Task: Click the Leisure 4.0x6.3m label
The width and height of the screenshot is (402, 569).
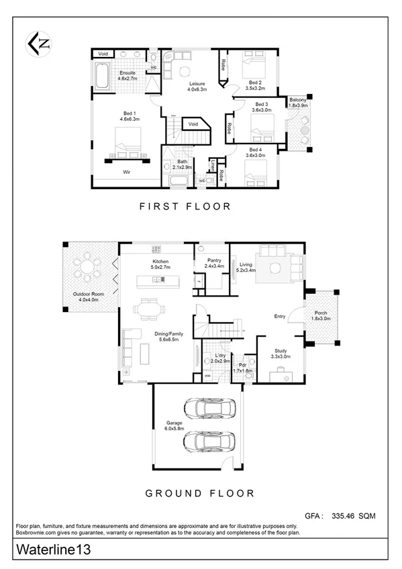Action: point(196,86)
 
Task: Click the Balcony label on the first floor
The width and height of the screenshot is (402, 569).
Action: point(297,103)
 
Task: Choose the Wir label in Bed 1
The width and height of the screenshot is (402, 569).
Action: point(125,172)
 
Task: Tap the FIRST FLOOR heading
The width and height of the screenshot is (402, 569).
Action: point(185,207)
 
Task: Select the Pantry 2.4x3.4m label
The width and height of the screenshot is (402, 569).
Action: point(213,264)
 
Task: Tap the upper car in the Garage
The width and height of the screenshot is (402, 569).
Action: point(208,408)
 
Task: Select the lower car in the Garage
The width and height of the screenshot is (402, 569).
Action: point(208,442)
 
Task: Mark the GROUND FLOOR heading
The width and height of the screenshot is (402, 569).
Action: point(200,493)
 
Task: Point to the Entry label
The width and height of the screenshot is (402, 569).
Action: point(281,316)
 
